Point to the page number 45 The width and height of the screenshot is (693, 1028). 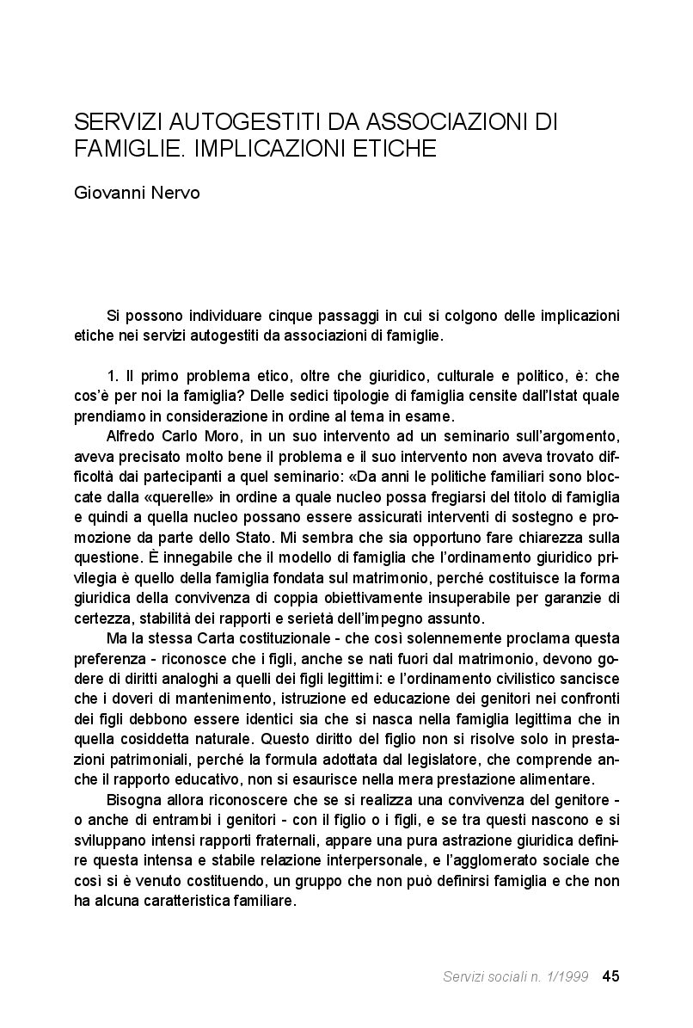tap(611, 976)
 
